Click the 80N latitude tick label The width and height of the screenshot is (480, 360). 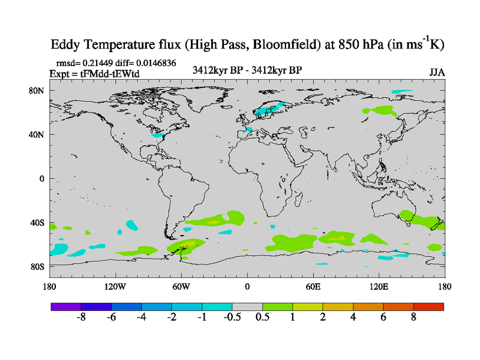[x=38, y=91]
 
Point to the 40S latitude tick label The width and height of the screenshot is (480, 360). [x=38, y=222]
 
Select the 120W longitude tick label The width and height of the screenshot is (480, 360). [x=115, y=286]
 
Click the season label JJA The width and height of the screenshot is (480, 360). [x=437, y=73]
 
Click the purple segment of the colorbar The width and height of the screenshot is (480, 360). [x=66, y=306]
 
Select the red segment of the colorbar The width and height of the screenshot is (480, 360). [x=428, y=306]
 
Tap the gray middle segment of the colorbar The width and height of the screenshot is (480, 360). [x=247, y=306]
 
